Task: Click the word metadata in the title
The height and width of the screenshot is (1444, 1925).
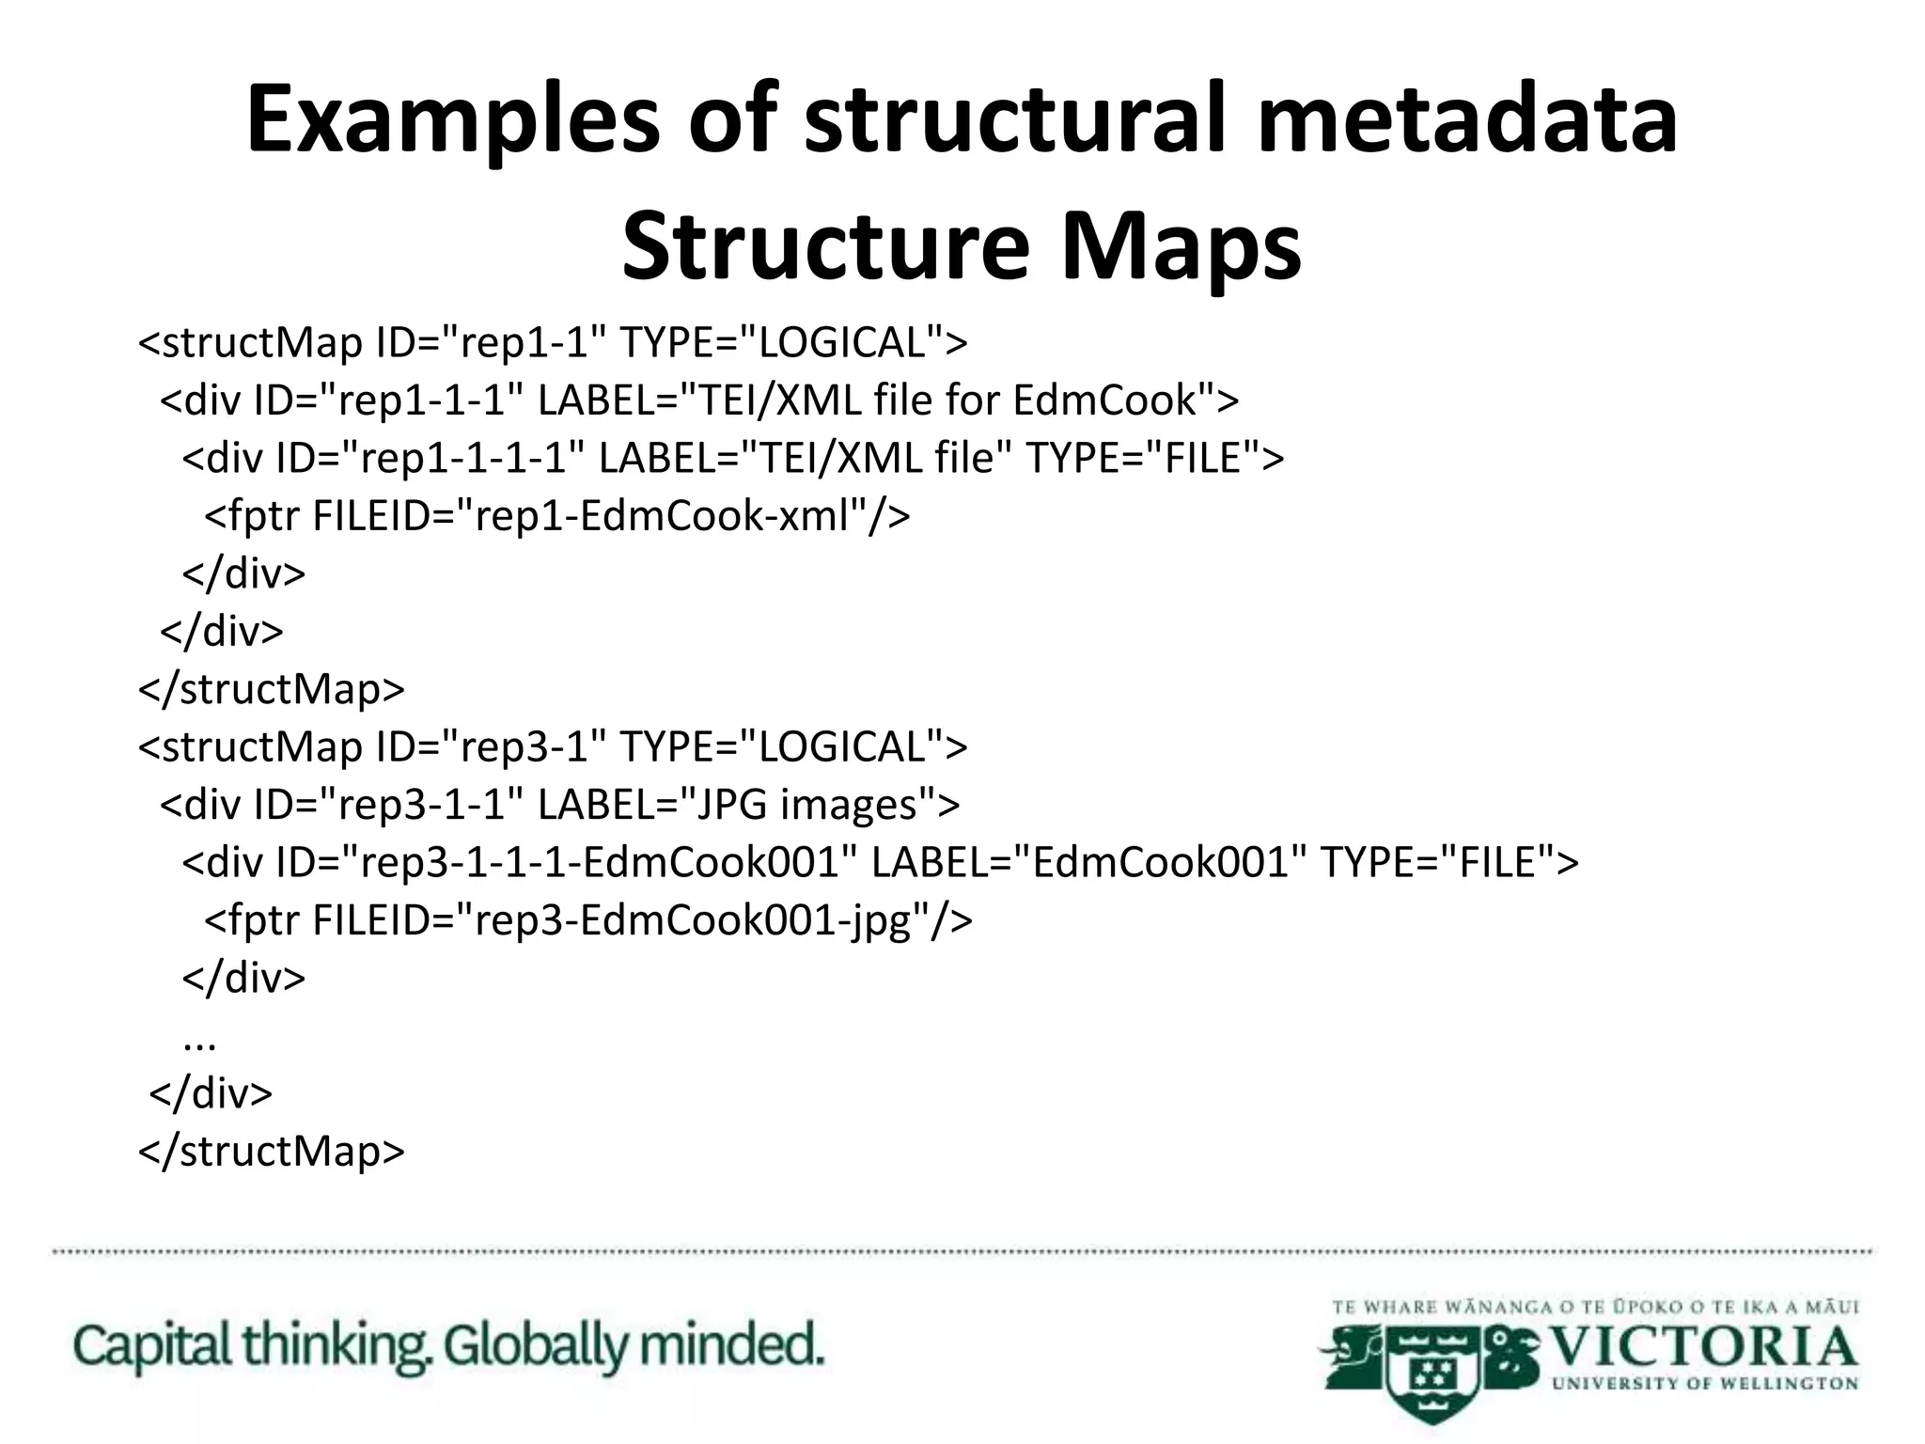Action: coord(1466,120)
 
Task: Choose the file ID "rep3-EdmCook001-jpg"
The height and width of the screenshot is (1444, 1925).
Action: coord(701,919)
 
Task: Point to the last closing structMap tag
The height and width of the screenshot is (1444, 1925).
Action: coord(272,1151)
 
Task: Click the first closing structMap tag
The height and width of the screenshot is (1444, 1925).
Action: coord(272,689)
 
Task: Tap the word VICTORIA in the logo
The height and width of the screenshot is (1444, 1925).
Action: coord(1702,1346)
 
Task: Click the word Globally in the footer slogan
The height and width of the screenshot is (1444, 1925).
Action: coord(535,1346)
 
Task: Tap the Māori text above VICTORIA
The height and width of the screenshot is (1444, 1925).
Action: coord(1595,1307)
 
